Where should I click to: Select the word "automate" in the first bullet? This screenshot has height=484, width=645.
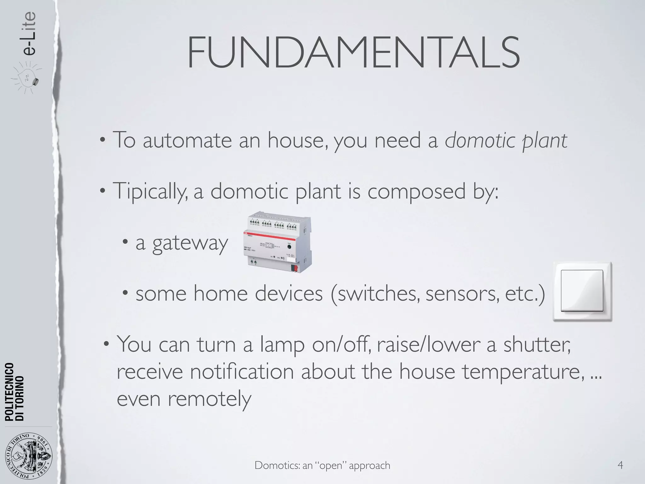pos(187,140)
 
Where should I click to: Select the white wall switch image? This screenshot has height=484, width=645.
pos(582,292)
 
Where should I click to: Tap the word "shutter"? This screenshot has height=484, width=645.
pos(537,344)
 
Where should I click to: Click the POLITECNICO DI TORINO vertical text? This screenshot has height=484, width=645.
pos(14,392)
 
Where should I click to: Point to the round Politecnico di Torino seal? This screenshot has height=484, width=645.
pos(29,456)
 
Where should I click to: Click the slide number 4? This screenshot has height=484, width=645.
pos(620,465)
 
